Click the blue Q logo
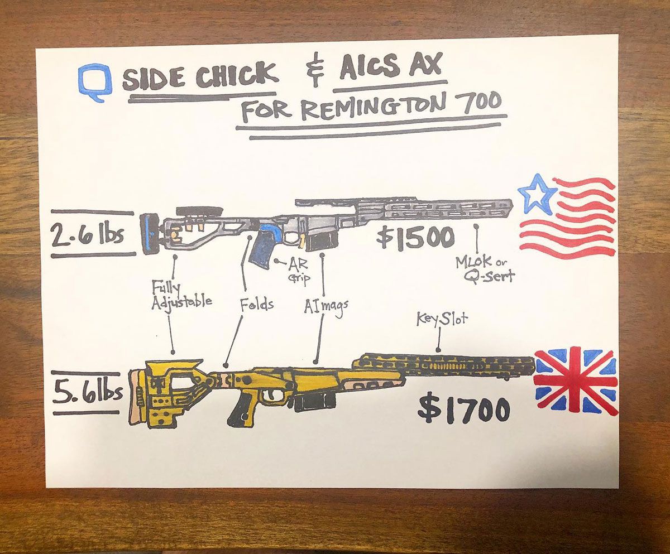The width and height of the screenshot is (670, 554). (x=93, y=81)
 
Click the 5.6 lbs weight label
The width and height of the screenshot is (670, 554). (x=88, y=393)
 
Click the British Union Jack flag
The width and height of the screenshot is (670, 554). (x=576, y=379)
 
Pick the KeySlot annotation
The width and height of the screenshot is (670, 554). (x=442, y=319)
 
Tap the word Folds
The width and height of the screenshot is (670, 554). (x=256, y=305)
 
